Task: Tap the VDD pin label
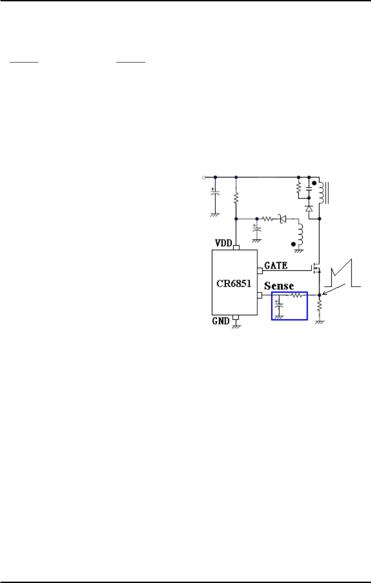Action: click(x=224, y=243)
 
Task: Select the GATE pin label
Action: click(x=276, y=265)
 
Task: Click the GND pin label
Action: click(x=221, y=321)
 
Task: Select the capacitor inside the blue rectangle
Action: click(x=278, y=304)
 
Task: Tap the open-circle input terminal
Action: click(x=203, y=177)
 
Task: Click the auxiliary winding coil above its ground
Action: click(x=301, y=236)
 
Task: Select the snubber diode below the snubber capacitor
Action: click(x=309, y=207)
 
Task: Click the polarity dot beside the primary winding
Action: click(x=314, y=183)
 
